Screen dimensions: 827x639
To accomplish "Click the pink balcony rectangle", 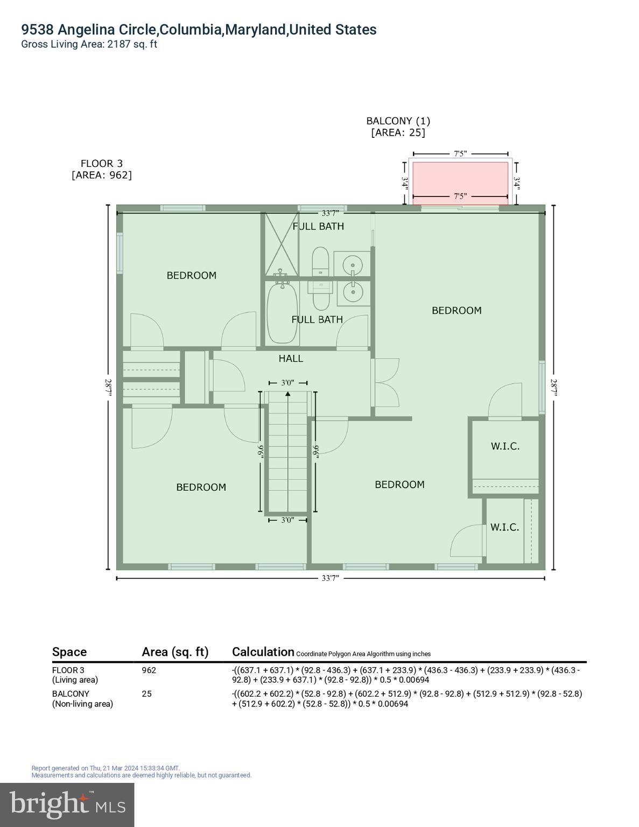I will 460,180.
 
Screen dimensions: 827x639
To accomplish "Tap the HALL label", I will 291,359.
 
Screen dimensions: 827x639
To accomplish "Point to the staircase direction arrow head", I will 288,394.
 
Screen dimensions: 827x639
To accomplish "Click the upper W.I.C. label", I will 505,446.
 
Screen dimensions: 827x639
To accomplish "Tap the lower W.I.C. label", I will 504,528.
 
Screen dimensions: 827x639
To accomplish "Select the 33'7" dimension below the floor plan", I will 330,578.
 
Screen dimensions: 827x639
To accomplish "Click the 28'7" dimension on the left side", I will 109,388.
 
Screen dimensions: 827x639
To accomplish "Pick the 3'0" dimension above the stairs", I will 287,383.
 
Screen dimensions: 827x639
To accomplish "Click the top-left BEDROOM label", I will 191,276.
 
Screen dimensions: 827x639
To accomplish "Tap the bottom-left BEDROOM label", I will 201,487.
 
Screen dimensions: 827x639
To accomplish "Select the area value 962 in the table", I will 149,670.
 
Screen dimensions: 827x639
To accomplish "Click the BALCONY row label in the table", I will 71,694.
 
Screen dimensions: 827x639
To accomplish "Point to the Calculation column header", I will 263,652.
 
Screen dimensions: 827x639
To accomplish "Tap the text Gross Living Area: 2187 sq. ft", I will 89,45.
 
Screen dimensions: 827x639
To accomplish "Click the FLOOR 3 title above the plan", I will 101,164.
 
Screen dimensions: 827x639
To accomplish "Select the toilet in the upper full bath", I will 320,260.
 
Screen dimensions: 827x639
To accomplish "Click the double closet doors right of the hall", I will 385,382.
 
